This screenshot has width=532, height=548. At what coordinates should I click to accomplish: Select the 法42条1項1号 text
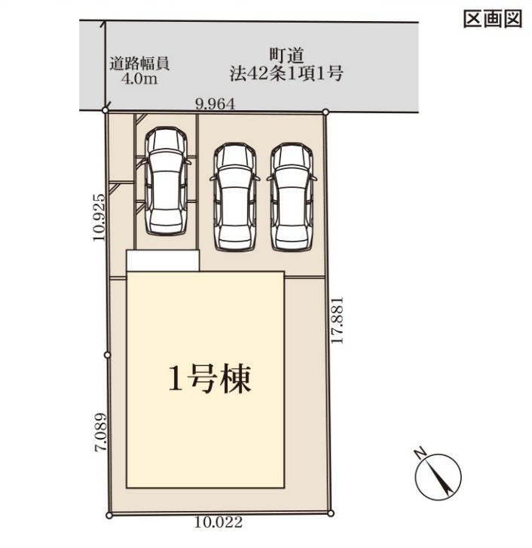[286, 74]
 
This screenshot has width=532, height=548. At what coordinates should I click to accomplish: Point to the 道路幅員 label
[139, 63]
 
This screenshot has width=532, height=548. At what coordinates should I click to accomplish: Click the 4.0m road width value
[139, 79]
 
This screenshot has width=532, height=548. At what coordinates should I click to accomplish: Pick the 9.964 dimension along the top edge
[216, 105]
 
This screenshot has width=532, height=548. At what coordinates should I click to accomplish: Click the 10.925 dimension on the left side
[98, 216]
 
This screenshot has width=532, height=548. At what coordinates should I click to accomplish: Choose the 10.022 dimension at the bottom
[219, 522]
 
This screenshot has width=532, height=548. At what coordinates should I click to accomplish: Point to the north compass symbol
[437, 473]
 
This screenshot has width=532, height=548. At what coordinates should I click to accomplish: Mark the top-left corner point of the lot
[105, 112]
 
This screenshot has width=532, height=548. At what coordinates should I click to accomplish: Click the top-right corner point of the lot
[326, 112]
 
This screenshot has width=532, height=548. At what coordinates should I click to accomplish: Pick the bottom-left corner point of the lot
[109, 516]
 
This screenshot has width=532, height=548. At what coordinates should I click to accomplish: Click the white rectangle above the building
[162, 260]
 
